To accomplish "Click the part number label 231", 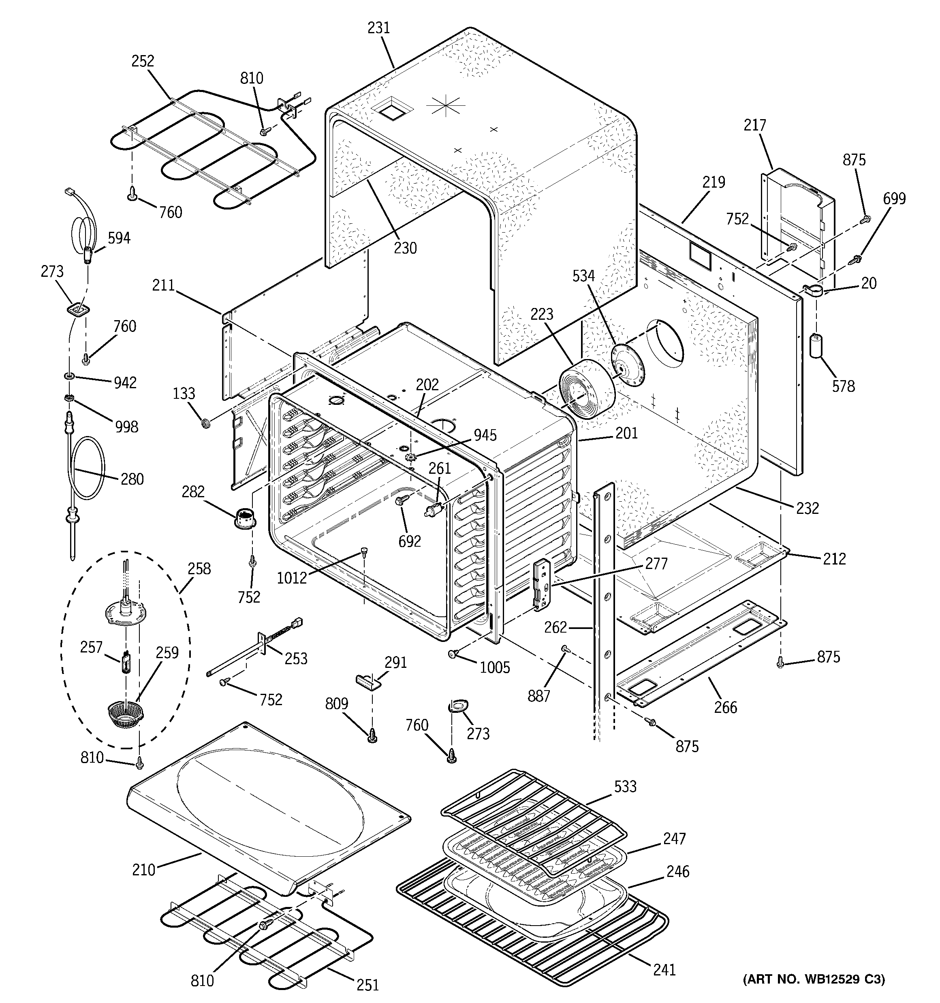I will click(x=378, y=28).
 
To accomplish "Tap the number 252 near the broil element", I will click(x=143, y=61).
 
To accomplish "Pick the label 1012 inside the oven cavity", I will click(x=292, y=577).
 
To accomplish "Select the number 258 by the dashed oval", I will click(x=199, y=569).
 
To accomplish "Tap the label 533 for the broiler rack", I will click(x=625, y=787).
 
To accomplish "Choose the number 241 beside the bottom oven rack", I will click(x=664, y=970).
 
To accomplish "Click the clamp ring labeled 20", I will click(x=812, y=291).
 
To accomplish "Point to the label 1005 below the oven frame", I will click(x=494, y=667).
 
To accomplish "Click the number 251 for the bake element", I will click(x=367, y=984).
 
